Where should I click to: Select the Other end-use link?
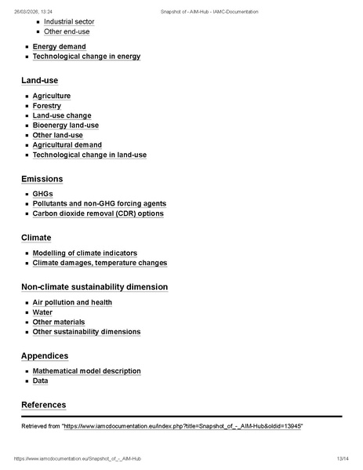pyautogui.click(x=67, y=32)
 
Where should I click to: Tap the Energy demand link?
pyautogui.click(x=59, y=47)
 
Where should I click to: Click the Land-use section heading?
pyautogui.click(x=39, y=80)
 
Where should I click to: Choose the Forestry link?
pyautogui.click(x=46, y=106)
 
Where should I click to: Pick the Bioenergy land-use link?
pyautogui.click(x=65, y=126)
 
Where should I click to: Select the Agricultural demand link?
pyautogui.click(x=67, y=145)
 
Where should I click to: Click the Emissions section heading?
pyautogui.click(x=42, y=180)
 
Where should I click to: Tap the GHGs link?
pyautogui.click(x=42, y=194)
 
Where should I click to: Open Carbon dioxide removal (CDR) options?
pyautogui.click(x=98, y=213)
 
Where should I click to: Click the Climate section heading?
pyautogui.click(x=36, y=238)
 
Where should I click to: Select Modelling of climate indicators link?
pyautogui.click(x=85, y=253)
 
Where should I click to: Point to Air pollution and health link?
pyautogui.click(x=72, y=303)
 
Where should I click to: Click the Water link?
pyautogui.click(x=42, y=312)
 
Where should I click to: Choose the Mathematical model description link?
pyautogui.click(x=86, y=371)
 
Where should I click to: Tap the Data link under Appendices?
pyautogui.click(x=40, y=381)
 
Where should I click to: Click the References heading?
pyautogui.click(x=43, y=405)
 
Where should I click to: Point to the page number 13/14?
pyautogui.click(x=342, y=458)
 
